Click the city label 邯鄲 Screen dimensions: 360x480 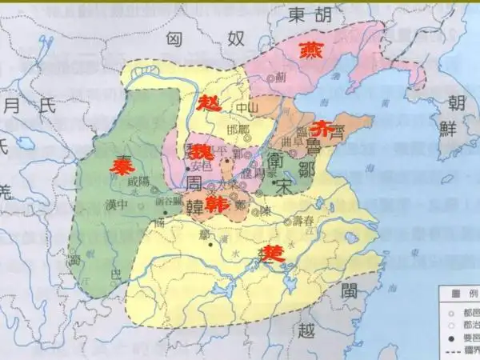coord(238,130)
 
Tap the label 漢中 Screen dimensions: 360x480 coord(118,204)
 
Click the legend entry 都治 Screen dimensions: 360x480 coord(462,324)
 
